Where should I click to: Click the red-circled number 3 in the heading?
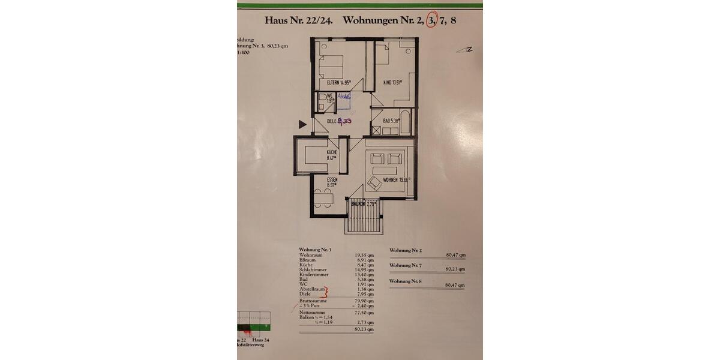(431, 20)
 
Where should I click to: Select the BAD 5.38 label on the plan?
(392, 121)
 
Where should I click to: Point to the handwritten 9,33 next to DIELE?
(344, 121)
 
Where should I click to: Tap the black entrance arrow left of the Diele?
(302, 124)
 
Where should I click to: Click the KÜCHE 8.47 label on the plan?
(332, 155)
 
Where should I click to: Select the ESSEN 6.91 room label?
(332, 183)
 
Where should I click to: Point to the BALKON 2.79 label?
(364, 204)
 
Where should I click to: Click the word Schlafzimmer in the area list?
(313, 270)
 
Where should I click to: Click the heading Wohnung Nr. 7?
(406, 265)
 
